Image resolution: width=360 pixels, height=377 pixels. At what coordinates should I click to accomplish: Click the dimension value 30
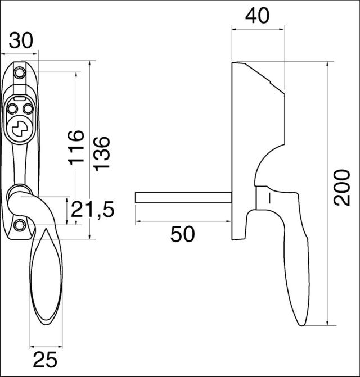click(x=21, y=41)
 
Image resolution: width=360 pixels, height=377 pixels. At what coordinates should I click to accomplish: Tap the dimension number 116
click(x=76, y=147)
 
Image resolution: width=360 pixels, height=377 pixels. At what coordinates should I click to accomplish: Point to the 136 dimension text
click(x=102, y=153)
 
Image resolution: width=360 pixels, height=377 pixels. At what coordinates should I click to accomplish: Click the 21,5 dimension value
click(x=92, y=210)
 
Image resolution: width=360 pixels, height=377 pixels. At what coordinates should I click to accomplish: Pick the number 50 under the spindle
click(x=183, y=234)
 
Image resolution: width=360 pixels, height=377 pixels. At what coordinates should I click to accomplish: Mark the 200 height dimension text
click(x=342, y=187)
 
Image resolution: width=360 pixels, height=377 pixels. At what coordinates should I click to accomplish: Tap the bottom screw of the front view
click(x=21, y=226)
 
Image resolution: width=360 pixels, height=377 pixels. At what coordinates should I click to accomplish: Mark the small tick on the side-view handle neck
click(x=269, y=197)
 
